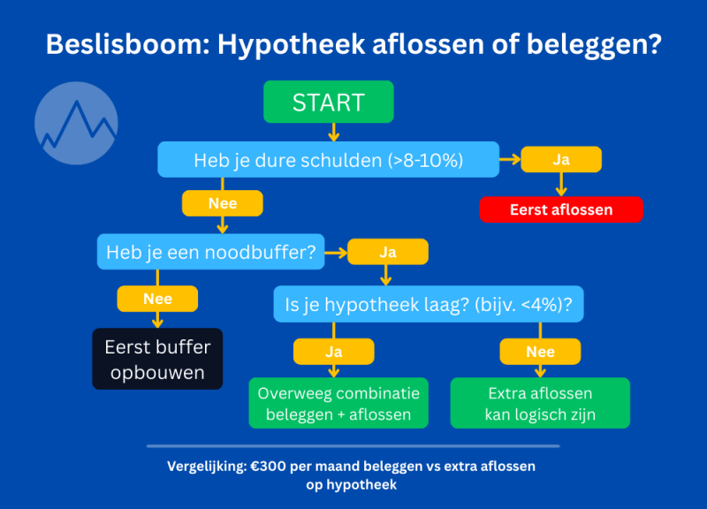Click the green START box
[x=328, y=102]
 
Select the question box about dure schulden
[x=328, y=160]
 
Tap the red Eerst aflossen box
[x=560, y=209]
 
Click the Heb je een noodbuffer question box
[x=210, y=252]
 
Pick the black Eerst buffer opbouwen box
[x=157, y=359]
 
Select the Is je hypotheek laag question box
[x=428, y=304]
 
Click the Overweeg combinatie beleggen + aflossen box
[x=338, y=403]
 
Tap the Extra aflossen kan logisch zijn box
[x=540, y=403]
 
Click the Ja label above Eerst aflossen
[x=560, y=159]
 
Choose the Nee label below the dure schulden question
[x=222, y=203]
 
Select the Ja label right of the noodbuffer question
[x=387, y=252]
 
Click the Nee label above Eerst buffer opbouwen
[x=157, y=299]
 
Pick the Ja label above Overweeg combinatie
[x=333, y=352]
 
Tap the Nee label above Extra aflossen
[x=540, y=352]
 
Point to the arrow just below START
[x=333, y=133]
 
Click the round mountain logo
[x=76, y=123]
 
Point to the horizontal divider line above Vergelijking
[x=353, y=446]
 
